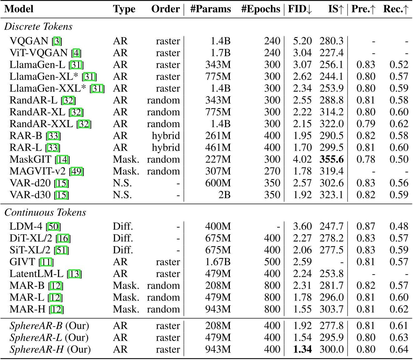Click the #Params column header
210,9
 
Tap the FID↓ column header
300,9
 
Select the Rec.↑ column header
396,9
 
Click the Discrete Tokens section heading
38,27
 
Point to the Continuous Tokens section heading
45,212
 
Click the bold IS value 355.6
331,159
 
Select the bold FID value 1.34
302,349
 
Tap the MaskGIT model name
30,159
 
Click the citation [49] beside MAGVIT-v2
77,172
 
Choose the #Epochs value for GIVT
272,262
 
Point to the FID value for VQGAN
302,41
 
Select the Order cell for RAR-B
166,136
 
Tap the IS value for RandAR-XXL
331,124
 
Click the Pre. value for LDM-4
366,226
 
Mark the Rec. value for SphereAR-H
399,349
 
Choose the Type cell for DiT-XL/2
123,238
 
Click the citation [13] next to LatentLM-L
74,274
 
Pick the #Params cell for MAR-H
218,309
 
